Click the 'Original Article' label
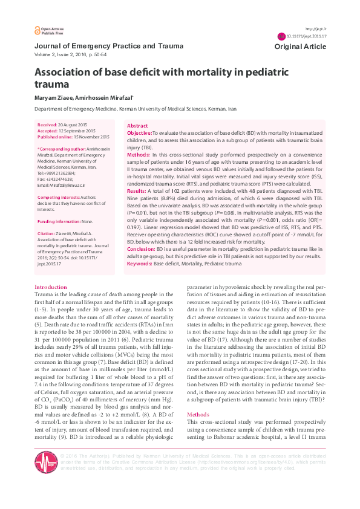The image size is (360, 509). pos(300,47)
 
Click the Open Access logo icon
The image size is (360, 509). pos(36,30)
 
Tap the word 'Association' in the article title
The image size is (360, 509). pos(67,73)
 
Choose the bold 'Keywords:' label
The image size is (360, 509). pos(140,263)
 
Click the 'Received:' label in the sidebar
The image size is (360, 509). pos(48,124)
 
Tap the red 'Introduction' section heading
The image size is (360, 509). pos(51,287)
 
